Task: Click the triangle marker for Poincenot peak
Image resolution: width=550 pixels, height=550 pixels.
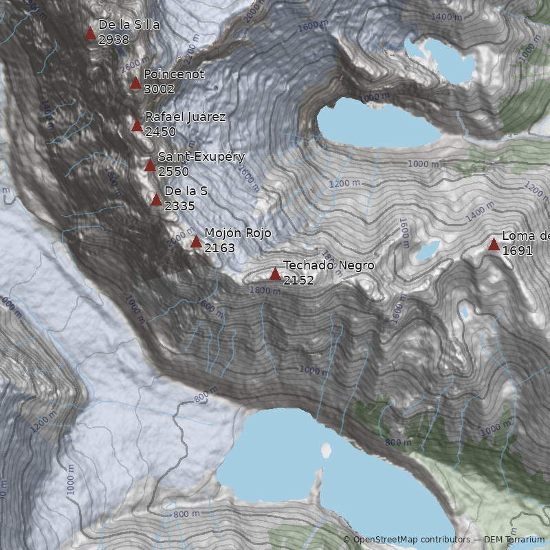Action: tap(135, 83)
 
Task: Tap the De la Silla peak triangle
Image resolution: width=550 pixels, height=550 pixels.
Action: tap(90, 33)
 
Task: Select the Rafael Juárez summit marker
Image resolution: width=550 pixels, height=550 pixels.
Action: tap(137, 126)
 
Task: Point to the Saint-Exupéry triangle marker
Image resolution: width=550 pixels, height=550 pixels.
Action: tap(150, 165)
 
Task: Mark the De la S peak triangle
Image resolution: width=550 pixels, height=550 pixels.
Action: tap(156, 200)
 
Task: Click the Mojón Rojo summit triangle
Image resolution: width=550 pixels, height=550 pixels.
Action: tap(196, 241)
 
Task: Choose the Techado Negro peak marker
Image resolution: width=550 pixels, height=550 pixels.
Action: tap(275, 274)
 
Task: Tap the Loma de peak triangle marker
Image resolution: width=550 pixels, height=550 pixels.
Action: tap(494, 244)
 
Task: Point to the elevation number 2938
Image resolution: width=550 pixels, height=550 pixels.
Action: tap(114, 40)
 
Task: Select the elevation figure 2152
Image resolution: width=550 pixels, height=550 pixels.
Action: tap(298, 280)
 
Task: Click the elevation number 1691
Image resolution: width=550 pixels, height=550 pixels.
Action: tap(517, 251)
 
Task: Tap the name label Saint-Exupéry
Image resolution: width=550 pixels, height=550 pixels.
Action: tap(201, 157)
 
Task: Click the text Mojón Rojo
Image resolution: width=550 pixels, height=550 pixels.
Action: tap(238, 234)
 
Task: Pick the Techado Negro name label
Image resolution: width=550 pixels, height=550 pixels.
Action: tap(329, 265)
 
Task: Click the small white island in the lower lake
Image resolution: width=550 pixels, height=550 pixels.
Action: tap(326, 450)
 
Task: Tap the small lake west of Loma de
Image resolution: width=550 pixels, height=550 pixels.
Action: tap(426, 251)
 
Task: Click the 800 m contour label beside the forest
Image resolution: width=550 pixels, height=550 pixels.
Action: tap(398, 442)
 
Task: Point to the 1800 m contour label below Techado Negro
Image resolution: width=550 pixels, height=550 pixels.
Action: tap(265, 291)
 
